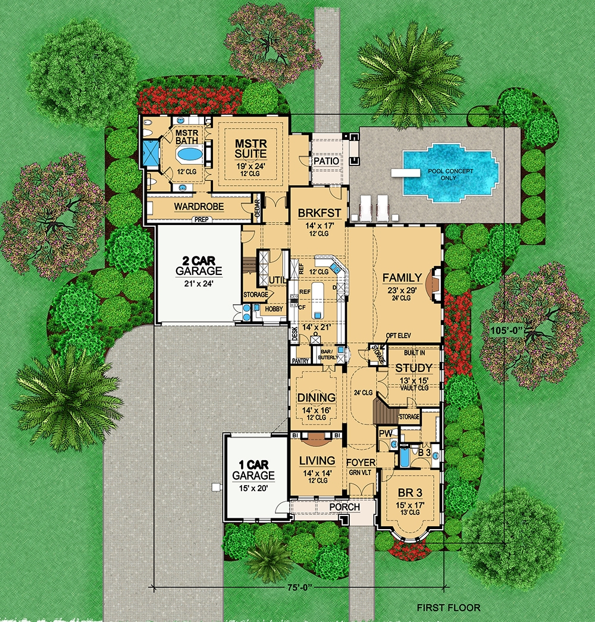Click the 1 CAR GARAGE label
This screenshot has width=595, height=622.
pos(253,470)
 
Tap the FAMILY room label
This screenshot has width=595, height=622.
pos(402,277)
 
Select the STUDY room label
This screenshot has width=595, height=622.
pos(413,368)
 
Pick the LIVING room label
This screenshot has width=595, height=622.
pos(317,460)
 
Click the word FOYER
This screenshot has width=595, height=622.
pos(361,461)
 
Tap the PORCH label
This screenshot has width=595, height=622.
pos(344,507)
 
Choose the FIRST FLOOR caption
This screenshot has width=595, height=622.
pos(448,608)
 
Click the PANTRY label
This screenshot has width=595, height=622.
pos(300,361)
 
